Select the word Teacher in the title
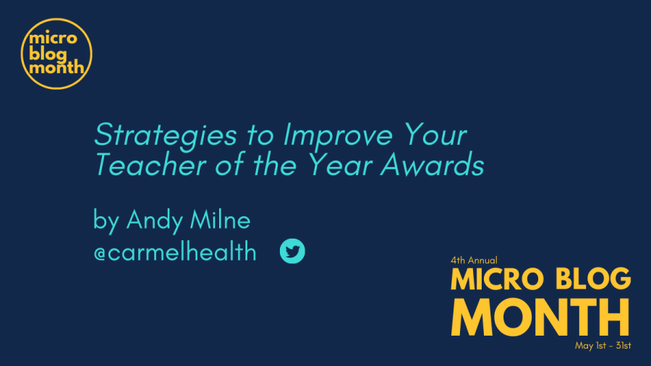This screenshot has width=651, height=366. click(150, 165)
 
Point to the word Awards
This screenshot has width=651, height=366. click(433, 165)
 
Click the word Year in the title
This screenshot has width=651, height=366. click(340, 165)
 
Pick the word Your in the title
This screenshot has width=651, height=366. click(435, 135)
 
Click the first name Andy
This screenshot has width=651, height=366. click(154, 221)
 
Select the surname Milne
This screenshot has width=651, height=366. click(220, 219)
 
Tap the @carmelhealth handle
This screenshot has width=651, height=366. click(175, 252)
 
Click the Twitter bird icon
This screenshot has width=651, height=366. click(292, 251)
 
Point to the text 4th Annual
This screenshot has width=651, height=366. click(474, 260)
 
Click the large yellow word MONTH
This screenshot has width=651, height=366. click(540, 317)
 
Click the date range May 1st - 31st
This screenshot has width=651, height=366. click(603, 345)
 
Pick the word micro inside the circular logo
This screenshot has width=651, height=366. click(53, 38)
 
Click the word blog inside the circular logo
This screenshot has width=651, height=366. click(48, 54)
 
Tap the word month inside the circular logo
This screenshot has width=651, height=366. click(56, 67)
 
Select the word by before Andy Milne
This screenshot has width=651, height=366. click(106, 221)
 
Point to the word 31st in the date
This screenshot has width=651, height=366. click(624, 345)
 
